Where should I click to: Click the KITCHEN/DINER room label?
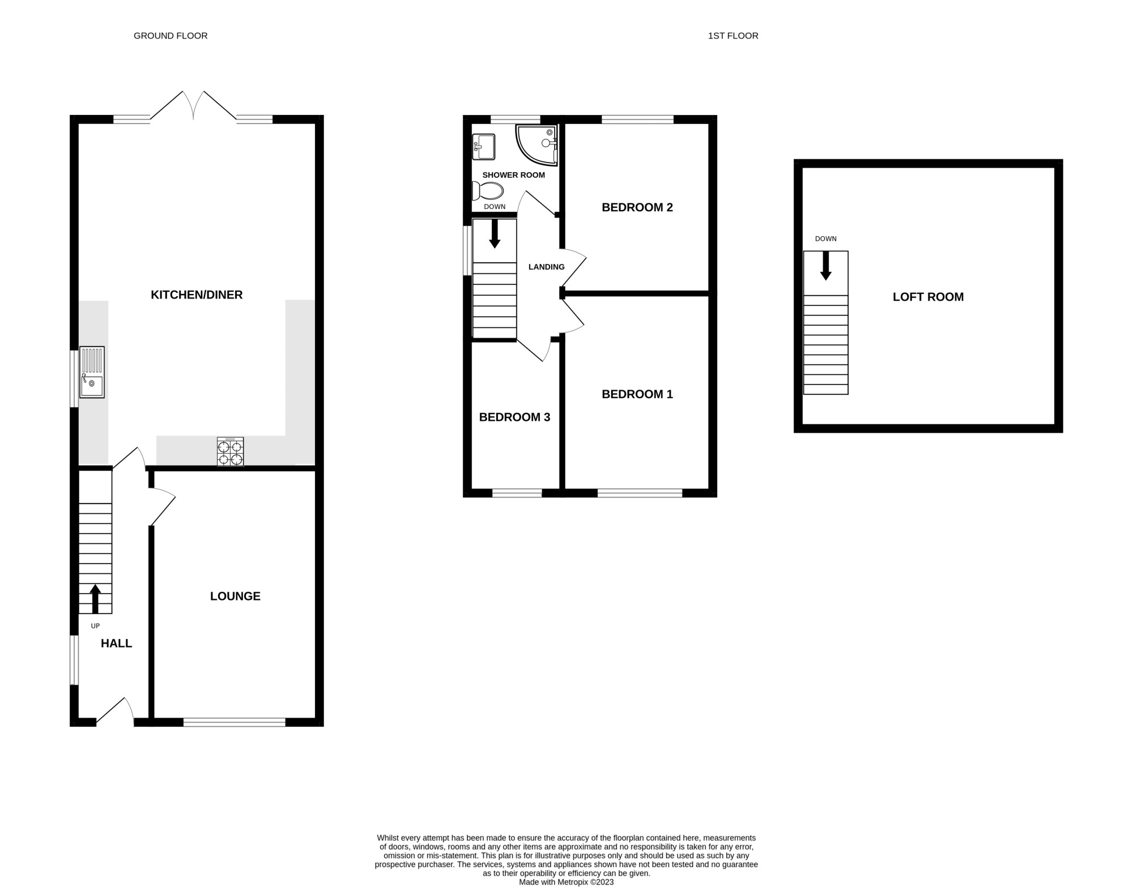[197, 295]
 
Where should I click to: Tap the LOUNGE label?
[235, 596]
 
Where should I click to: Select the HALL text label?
[116, 643]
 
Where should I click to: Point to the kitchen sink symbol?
[92, 372]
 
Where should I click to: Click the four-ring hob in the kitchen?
[231, 451]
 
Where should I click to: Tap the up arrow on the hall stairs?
[95, 599]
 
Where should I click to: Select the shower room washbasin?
[484, 147]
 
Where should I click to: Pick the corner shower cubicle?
[536, 146]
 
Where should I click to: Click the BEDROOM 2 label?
[637, 207]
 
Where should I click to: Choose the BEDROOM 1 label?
[637, 394]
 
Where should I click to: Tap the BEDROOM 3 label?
[514, 417]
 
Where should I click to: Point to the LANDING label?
[547, 267]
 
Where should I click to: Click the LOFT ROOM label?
[928, 297]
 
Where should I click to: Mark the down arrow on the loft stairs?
[826, 266]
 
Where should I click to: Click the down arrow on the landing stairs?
[495, 234]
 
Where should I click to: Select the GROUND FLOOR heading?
[171, 36]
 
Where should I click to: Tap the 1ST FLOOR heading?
[733, 36]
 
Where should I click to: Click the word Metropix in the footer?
[573, 882]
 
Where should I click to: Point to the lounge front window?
[235, 722]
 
